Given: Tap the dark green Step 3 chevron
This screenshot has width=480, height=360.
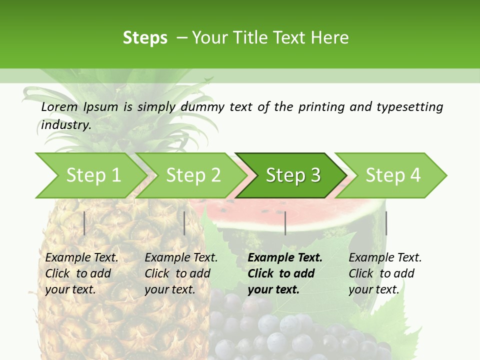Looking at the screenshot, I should click(293, 175).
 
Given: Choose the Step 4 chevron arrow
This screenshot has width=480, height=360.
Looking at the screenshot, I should click(393, 175).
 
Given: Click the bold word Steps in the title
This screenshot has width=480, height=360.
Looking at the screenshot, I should click(145, 38).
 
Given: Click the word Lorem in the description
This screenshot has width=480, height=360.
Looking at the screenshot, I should click(59, 107).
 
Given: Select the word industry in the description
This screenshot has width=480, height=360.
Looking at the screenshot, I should click(65, 125).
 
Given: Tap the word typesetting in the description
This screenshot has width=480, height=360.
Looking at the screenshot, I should click(409, 107).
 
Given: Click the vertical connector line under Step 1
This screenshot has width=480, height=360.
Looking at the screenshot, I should click(84, 223).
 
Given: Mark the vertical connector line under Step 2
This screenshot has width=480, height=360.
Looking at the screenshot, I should click(184, 223).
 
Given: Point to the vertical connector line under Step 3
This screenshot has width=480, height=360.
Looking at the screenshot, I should click(285, 223).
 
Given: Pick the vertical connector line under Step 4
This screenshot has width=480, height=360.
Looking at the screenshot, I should click(386, 223).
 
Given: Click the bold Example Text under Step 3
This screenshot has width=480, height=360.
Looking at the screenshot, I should click(285, 258).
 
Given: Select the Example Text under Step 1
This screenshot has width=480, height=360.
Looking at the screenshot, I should click(81, 258).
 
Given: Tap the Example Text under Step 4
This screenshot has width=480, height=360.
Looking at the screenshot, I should click(385, 258).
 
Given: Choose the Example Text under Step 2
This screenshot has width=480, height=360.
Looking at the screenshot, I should click(181, 258).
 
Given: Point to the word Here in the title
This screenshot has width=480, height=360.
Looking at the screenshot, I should click(329, 38).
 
